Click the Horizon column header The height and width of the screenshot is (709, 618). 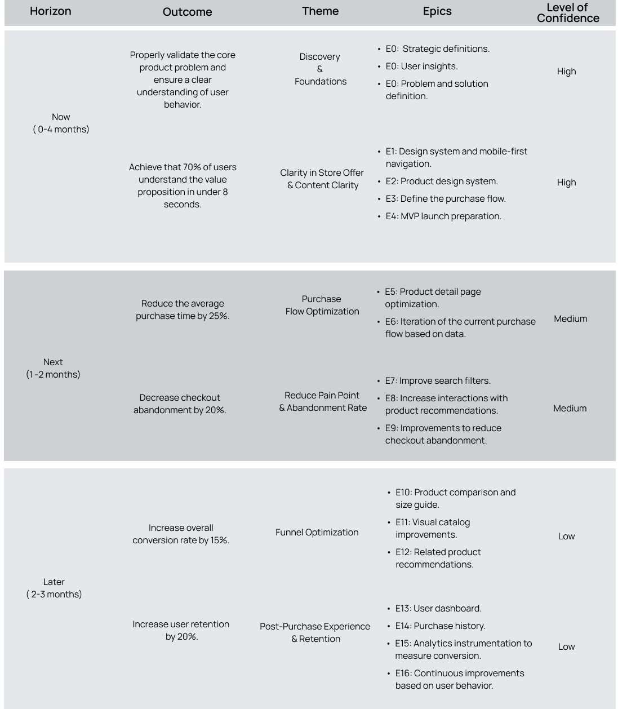click(51, 11)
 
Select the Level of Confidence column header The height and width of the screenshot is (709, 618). click(567, 12)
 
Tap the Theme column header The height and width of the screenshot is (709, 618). click(320, 11)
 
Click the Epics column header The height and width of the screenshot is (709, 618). click(437, 11)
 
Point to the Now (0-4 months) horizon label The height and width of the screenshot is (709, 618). click(61, 123)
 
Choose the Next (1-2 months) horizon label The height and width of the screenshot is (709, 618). click(53, 368)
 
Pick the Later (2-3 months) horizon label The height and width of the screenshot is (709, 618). click(54, 588)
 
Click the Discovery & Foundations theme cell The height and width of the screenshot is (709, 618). click(320, 69)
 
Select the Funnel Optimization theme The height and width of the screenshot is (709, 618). click(317, 532)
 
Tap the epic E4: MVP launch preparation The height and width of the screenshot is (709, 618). click(443, 216)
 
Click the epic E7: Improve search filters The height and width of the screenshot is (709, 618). click(438, 380)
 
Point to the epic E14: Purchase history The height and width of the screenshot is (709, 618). click(440, 626)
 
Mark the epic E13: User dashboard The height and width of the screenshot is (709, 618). click(438, 608)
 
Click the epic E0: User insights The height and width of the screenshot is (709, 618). click(421, 66)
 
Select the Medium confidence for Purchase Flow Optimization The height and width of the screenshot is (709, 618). click(570, 318)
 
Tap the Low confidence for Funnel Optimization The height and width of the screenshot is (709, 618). click(566, 536)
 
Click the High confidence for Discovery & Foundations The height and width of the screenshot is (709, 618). click(566, 71)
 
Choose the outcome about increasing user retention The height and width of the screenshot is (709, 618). click(181, 630)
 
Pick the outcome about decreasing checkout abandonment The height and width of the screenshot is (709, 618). click(180, 404)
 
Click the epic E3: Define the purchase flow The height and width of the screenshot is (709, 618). click(445, 198)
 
